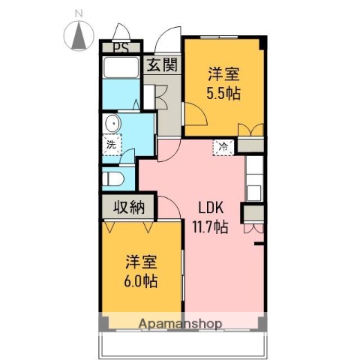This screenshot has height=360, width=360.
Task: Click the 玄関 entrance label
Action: click(162, 65)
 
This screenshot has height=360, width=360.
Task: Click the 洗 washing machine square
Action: click(111, 144)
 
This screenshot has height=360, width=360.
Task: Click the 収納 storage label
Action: click(128, 208)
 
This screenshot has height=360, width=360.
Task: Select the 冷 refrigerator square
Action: click(223, 147)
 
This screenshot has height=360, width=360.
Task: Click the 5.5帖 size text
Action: click(223, 94)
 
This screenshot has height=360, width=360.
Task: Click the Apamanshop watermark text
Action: click(180, 324)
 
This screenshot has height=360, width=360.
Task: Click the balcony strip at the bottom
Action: click(180, 343)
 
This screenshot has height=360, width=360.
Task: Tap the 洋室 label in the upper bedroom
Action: click(223, 74)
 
